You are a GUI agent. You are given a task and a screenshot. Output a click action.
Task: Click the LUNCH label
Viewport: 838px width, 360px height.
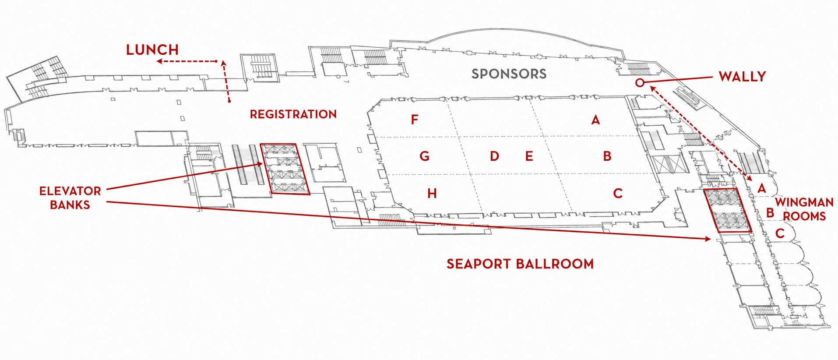click(x=152, y=50)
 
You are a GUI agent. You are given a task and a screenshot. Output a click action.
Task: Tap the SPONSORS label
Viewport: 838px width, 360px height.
click(x=509, y=74)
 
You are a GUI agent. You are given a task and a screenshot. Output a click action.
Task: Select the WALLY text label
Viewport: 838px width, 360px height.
click(x=743, y=77)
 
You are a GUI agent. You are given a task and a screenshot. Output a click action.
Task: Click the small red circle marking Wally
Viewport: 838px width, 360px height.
click(x=640, y=82)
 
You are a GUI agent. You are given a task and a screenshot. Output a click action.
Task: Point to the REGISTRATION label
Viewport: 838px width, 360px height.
click(x=293, y=114)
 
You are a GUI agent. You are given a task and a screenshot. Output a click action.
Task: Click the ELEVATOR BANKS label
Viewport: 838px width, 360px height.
click(x=70, y=198)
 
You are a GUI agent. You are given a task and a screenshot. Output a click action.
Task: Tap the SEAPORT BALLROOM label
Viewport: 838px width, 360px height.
click(x=520, y=264)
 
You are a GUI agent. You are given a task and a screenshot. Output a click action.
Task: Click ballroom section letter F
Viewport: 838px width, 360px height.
click(x=415, y=119)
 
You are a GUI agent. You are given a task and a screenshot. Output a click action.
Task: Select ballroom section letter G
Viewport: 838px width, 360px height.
click(x=424, y=156)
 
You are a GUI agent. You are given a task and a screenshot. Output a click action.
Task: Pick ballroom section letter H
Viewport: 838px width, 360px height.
click(x=432, y=193)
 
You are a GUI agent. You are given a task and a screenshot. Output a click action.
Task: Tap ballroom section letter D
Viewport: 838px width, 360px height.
click(x=494, y=156)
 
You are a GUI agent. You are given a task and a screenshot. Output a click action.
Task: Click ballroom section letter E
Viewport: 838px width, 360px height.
click(x=529, y=156)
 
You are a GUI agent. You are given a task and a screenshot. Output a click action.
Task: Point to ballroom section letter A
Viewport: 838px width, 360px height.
click(x=595, y=120)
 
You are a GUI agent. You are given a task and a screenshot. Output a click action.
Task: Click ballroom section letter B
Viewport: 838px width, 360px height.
click(x=607, y=156)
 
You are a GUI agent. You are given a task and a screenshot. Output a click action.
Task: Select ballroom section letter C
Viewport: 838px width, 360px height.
click(x=618, y=193)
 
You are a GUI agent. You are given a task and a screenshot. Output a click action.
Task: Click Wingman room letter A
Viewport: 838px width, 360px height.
click(x=762, y=188)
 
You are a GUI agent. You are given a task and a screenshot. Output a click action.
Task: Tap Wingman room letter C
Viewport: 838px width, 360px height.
click(x=780, y=233)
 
